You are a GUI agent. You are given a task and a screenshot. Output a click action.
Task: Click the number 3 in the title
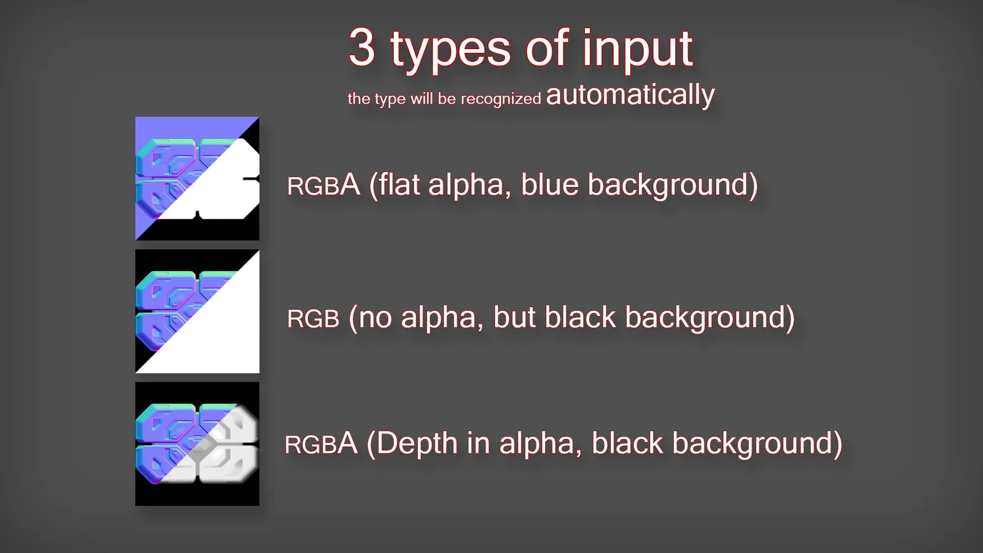pos(362,47)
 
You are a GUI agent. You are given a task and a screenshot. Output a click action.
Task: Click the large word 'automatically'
pos(630,95)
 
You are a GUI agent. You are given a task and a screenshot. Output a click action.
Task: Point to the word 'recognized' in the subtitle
pos(501,99)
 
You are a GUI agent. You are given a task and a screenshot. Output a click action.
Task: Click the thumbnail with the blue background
pos(197,178)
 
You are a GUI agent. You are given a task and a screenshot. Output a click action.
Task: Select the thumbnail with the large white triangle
pos(197,312)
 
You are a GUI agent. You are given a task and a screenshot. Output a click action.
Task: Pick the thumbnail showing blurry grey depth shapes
pos(197,444)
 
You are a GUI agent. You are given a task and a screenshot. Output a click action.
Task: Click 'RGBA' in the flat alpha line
pos(323,185)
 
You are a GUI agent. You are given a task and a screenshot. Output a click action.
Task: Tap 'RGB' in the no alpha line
pos(313,319)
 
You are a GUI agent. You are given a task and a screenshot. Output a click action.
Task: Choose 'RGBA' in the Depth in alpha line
pos(321,443)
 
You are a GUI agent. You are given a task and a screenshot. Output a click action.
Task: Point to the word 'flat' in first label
pos(399,184)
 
